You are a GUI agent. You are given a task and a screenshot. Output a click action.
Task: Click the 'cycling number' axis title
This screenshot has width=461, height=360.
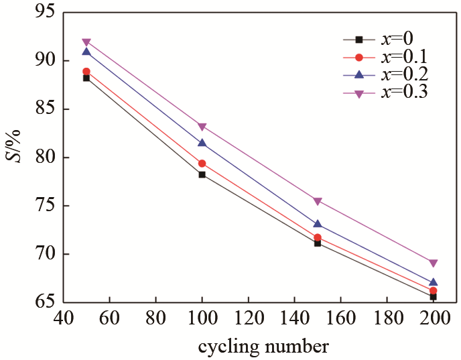263,347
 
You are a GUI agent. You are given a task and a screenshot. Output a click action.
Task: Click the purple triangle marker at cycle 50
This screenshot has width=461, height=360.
86,42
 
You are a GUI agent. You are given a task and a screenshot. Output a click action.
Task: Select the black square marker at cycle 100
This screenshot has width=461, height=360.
202,174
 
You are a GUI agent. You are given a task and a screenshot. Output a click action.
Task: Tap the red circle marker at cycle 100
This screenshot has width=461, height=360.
202,163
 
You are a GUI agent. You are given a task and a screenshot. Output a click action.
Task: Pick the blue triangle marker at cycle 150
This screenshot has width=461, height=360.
318,224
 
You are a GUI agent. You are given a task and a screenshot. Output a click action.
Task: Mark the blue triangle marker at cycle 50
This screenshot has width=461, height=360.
86,52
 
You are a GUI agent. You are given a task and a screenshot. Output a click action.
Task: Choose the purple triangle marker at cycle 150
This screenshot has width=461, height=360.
318,201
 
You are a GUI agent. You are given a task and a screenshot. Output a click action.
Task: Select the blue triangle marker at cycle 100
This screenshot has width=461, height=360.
202,143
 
